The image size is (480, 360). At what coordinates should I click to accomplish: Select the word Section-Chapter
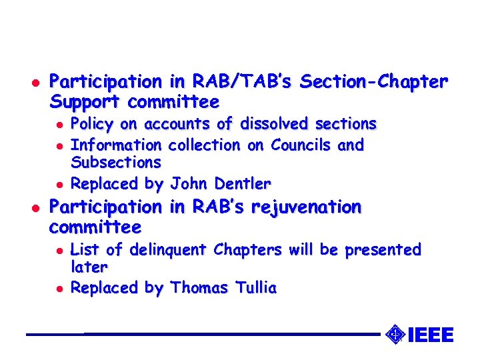coord(374,83)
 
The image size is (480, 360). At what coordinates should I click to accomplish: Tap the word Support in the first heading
coord(85,103)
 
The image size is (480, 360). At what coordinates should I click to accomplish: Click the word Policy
coord(91,125)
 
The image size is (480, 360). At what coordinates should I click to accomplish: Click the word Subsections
coord(115,162)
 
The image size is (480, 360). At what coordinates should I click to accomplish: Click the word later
coord(89,267)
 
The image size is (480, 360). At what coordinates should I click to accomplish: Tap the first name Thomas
coord(198,288)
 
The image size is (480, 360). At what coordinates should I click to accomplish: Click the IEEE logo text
coord(430,335)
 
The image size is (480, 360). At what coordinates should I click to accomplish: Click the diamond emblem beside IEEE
coord(395,334)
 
